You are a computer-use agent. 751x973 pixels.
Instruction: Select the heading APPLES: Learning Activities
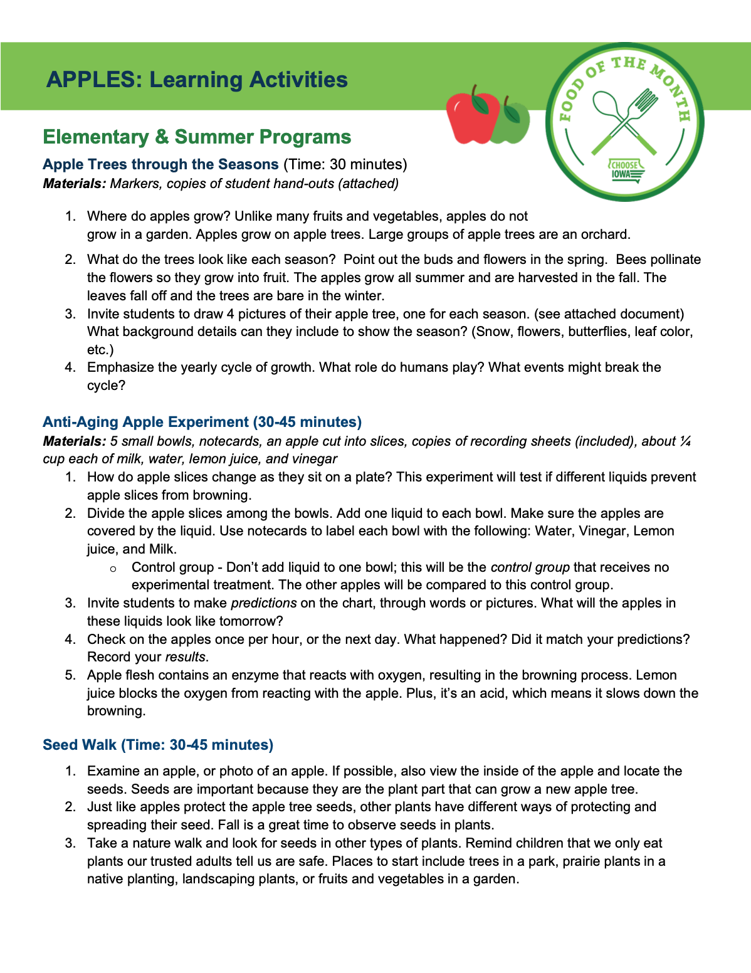[x=197, y=80]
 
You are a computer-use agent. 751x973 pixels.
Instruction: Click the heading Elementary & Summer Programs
[x=197, y=137]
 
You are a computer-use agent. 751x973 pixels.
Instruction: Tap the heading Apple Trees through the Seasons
[x=160, y=164]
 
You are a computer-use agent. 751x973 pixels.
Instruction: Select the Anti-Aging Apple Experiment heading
[x=202, y=422]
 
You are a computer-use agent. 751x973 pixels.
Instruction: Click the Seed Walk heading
[x=158, y=745]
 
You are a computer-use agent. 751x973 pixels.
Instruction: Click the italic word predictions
[x=264, y=603]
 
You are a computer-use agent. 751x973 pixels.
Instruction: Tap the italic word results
[x=186, y=657]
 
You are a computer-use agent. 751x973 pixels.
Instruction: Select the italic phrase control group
[x=530, y=567]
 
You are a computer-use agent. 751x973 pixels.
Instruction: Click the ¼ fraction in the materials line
[x=685, y=441]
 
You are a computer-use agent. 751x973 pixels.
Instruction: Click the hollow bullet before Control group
[x=113, y=568]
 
